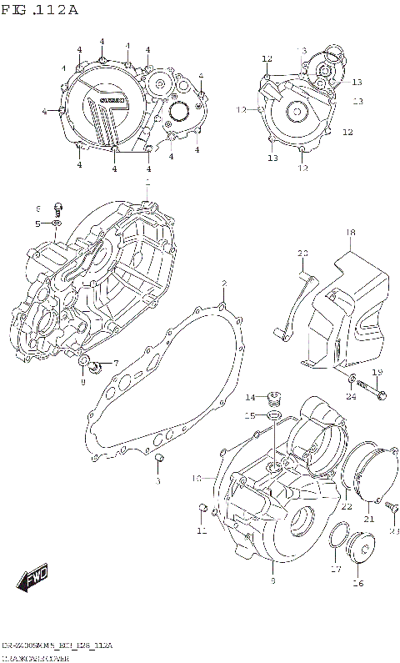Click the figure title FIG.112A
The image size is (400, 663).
(x=40, y=10)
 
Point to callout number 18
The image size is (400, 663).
(x=351, y=232)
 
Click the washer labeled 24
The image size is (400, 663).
(x=354, y=382)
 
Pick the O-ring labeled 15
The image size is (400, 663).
(x=272, y=414)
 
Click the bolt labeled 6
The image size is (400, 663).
(x=59, y=206)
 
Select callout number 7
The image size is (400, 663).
(x=116, y=363)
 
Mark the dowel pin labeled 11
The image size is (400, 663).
(x=201, y=508)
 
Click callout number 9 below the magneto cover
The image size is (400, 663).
(x=272, y=579)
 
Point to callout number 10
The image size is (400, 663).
(x=197, y=479)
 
